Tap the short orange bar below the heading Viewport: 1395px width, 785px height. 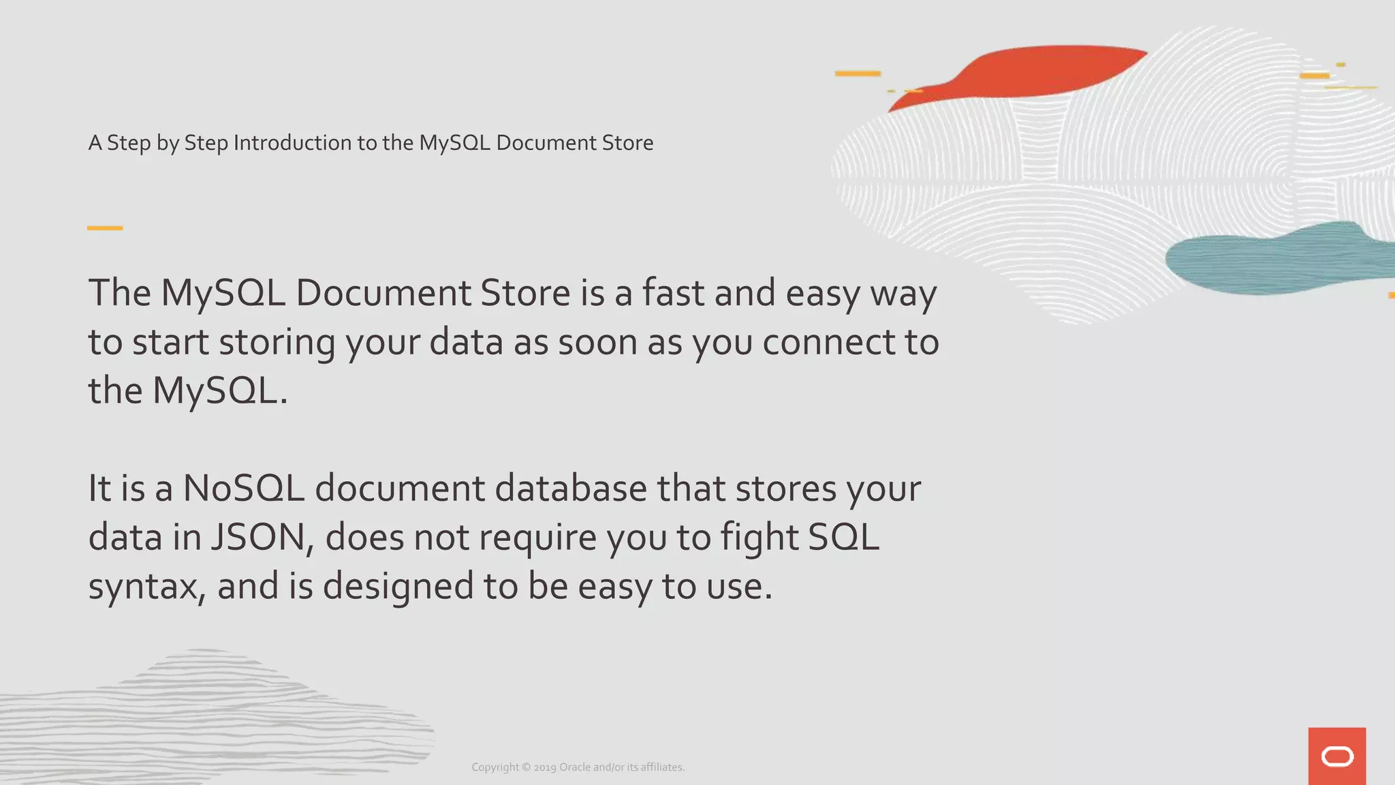pyautogui.click(x=105, y=228)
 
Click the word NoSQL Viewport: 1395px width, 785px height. pyautogui.click(x=243, y=489)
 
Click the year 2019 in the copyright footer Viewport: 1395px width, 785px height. pyautogui.click(x=545, y=767)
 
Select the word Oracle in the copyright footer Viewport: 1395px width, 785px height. pyautogui.click(x=575, y=767)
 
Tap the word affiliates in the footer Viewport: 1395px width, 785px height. pyautogui.click(x=661, y=767)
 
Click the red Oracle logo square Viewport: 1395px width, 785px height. pyautogui.click(x=1336, y=756)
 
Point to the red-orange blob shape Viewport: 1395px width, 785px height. pyautogui.click(x=1035, y=72)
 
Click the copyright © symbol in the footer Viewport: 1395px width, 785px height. pyautogui.click(x=526, y=767)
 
